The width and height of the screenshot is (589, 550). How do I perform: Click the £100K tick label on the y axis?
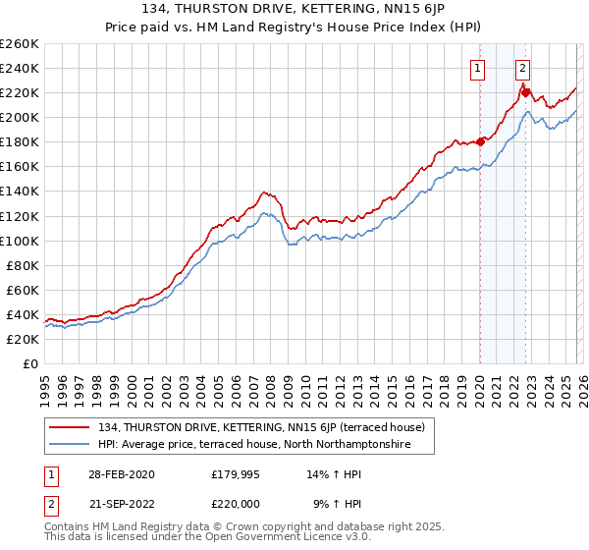pyautogui.click(x=19, y=241)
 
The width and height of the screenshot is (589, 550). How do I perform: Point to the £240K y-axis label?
pyautogui.click(x=19, y=68)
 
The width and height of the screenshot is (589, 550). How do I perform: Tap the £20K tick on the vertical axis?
pyautogui.click(x=22, y=339)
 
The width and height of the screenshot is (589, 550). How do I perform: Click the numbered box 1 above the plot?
pyautogui.click(x=478, y=68)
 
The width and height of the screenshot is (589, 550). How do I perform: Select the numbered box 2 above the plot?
pyautogui.click(x=522, y=68)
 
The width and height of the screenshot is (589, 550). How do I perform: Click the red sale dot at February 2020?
pyautogui.click(x=480, y=141)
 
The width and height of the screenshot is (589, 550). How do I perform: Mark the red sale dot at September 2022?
pyautogui.click(x=525, y=92)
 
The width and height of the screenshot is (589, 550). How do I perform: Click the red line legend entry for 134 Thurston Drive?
pyautogui.click(x=260, y=427)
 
